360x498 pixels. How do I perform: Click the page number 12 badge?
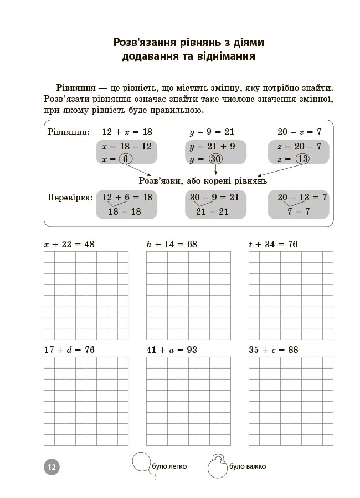tap(51, 466)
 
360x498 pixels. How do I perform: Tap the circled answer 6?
tap(125, 159)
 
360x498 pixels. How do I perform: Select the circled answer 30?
tap(215, 159)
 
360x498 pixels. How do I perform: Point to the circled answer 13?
tap(302, 159)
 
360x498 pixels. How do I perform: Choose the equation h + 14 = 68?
tap(172, 244)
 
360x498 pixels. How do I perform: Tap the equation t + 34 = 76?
tap(274, 244)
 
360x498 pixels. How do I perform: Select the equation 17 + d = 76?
tap(69, 350)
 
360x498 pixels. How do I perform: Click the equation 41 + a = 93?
tap(172, 350)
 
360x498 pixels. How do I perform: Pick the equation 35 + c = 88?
tap(274, 350)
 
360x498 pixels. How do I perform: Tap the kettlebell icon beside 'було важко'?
tap(217, 466)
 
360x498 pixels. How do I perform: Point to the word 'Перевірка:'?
tap(70, 197)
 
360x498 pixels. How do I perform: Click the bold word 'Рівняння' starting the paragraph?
tap(75, 89)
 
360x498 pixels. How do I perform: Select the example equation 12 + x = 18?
tap(127, 132)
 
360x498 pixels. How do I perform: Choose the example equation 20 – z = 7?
tap(299, 132)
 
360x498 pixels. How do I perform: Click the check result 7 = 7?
tap(299, 211)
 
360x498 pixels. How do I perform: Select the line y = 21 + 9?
tap(212, 147)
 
